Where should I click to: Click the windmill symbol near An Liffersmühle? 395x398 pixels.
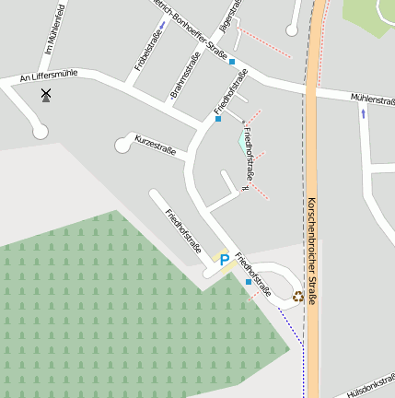coord(45,93)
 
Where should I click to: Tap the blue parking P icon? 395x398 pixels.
coord(224,261)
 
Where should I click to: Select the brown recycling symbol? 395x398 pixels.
coord(297,296)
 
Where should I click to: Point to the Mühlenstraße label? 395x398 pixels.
coord(373,98)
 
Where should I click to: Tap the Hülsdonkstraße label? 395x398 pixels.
coord(371,384)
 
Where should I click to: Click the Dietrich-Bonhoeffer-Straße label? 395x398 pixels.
coord(189,28)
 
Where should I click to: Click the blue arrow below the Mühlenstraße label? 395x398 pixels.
coord(363,113)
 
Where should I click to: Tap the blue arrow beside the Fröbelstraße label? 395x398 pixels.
coord(161,25)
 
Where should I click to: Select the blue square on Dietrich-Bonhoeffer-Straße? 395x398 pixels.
coord(232,62)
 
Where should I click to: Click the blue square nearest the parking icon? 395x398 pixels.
coord(248,282)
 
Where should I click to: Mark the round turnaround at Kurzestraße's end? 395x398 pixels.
coord(122,145)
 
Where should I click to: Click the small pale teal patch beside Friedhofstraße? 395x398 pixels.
coord(243,143)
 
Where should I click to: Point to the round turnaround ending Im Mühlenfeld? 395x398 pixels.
coord(40,131)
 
